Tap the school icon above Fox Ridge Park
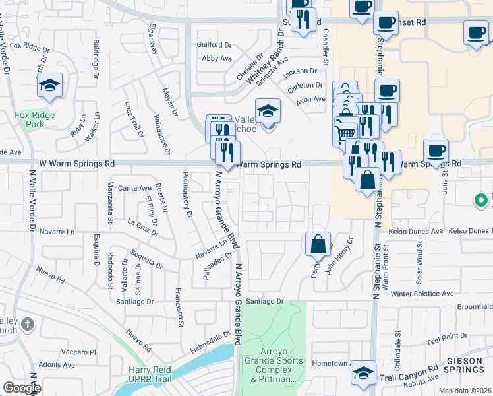49,85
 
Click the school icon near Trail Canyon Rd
363,373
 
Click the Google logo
21,388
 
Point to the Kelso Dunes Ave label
420,232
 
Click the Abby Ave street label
217,59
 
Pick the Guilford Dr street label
214,45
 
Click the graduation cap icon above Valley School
268,111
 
